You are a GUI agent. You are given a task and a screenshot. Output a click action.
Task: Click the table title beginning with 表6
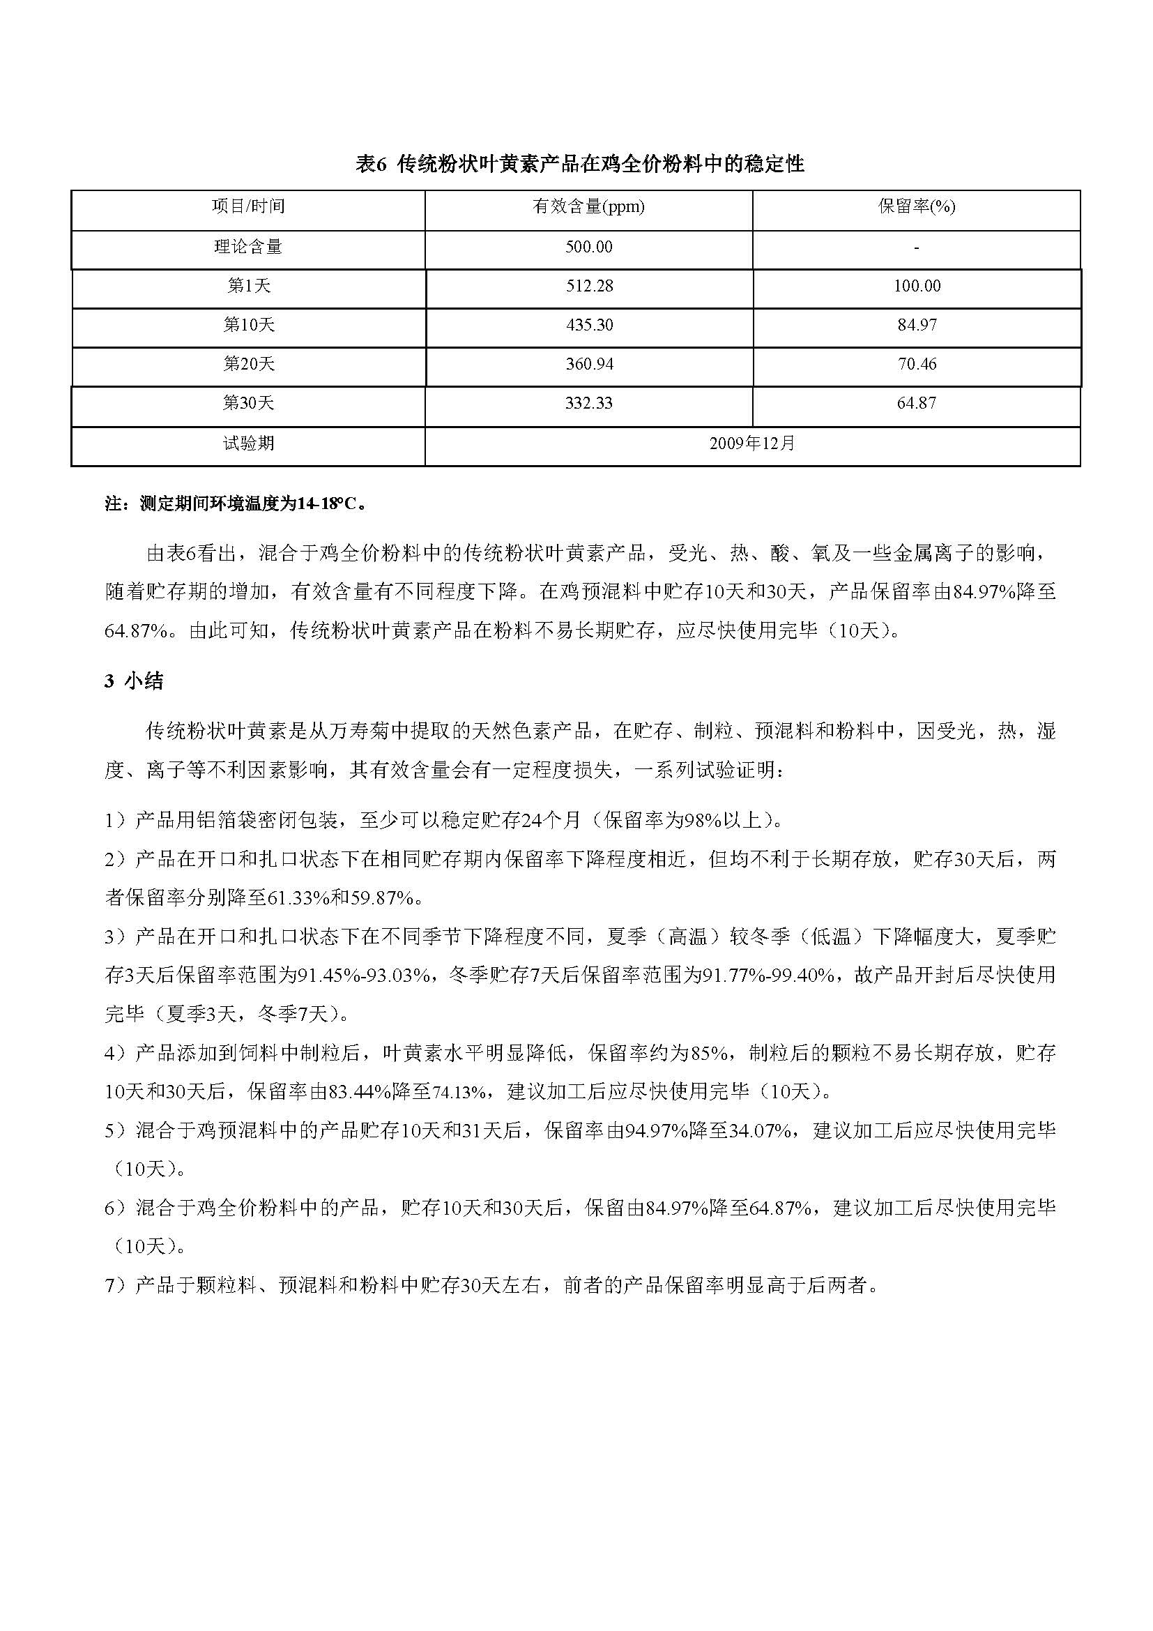click(x=579, y=165)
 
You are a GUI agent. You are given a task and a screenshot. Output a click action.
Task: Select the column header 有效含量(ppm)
click(x=588, y=206)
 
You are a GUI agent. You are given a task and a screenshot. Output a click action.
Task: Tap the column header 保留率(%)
click(x=917, y=206)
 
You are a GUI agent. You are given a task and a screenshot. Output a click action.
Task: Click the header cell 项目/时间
click(x=248, y=206)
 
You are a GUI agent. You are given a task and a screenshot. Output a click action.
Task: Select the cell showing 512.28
click(x=588, y=287)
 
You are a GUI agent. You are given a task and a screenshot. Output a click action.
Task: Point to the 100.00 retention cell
click(x=917, y=287)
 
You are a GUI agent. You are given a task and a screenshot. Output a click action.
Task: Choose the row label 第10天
click(x=248, y=326)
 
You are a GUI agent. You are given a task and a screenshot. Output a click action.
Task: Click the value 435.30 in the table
click(x=588, y=326)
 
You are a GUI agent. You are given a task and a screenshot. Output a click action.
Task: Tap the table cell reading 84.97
click(x=917, y=326)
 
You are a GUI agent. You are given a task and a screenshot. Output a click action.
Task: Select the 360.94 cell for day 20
click(x=588, y=365)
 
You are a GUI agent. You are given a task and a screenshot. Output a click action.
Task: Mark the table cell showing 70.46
click(x=917, y=365)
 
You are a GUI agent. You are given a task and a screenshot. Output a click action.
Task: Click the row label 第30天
click(x=248, y=404)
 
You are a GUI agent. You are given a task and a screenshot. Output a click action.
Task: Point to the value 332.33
click(x=588, y=404)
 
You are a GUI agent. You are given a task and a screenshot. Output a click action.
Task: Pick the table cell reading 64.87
click(x=917, y=404)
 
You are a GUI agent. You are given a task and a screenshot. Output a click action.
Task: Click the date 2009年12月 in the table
click(x=753, y=444)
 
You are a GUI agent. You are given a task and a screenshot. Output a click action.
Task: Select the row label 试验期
click(x=248, y=444)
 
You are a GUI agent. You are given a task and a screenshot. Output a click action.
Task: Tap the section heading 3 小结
click(x=134, y=681)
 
